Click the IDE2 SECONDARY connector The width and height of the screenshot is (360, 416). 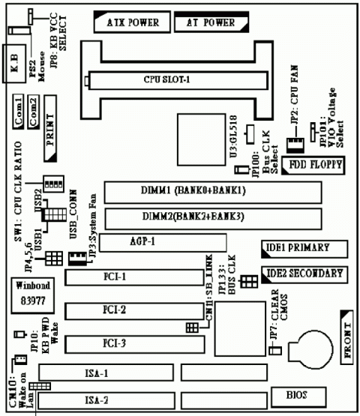tap(304, 274)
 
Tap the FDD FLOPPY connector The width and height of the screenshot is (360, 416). tap(315, 164)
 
